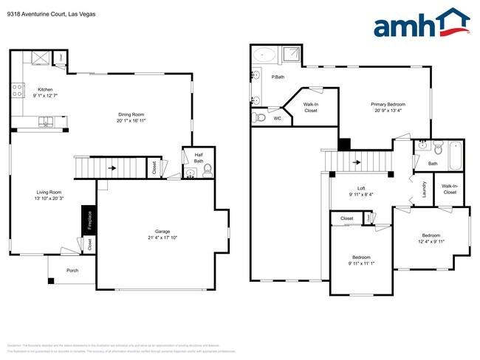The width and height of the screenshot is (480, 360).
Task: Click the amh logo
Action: tap(422, 24)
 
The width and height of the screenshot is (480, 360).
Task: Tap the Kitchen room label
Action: tap(45, 89)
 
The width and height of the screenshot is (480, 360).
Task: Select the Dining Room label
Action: tap(131, 114)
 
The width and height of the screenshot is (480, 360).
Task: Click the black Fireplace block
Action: tap(86, 221)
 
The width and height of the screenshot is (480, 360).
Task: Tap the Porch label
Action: tap(72, 270)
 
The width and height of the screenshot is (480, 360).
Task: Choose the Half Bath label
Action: tap(199, 157)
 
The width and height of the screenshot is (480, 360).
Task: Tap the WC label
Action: tap(277, 118)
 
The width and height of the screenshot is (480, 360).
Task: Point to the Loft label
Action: tap(361, 188)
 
